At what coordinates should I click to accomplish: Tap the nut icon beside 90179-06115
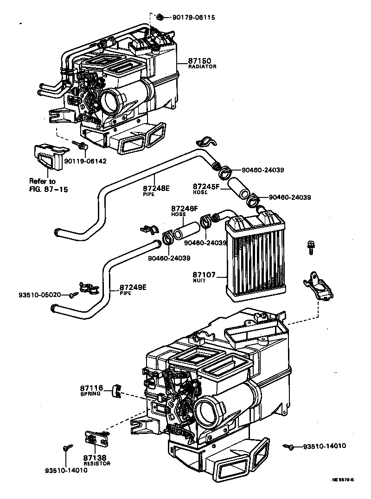tap(159, 17)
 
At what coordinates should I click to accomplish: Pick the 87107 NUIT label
tap(204, 277)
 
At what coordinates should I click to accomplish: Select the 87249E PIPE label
tap(133, 290)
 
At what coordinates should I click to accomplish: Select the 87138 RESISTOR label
tap(96, 460)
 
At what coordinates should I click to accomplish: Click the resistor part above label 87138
tap(95, 438)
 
